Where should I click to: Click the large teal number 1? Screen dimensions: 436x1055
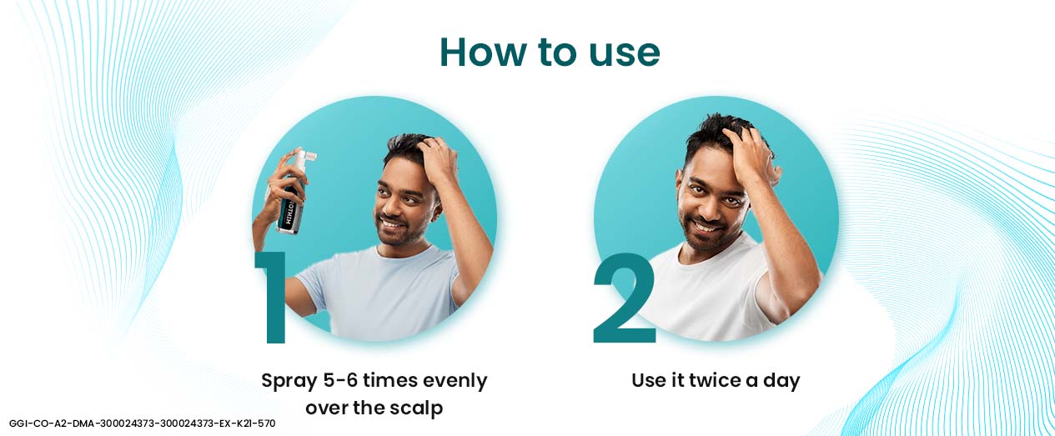coord(273,296)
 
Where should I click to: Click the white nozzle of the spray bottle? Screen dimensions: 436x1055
coord(304,157)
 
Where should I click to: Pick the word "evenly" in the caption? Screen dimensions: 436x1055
coord(455,382)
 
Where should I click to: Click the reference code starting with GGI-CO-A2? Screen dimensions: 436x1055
coord(143,423)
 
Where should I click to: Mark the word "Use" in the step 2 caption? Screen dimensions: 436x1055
coord(647,381)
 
